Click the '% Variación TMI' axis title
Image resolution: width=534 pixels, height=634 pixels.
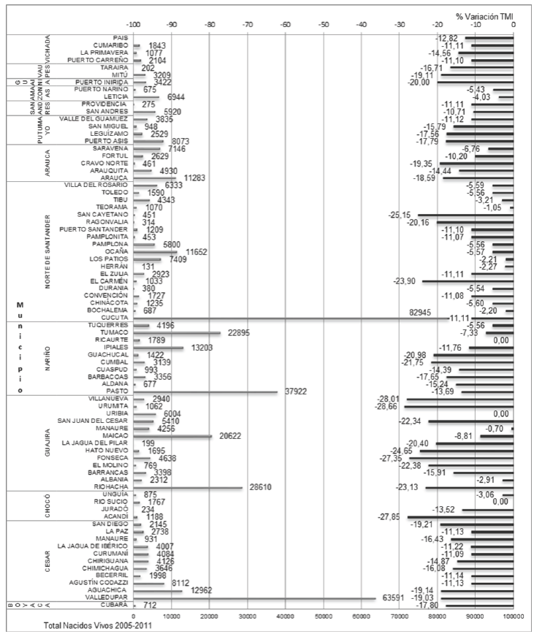(x=485, y=15)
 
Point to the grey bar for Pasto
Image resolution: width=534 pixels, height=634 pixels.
(x=205, y=391)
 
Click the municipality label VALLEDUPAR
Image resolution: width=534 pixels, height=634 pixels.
(x=109, y=597)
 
